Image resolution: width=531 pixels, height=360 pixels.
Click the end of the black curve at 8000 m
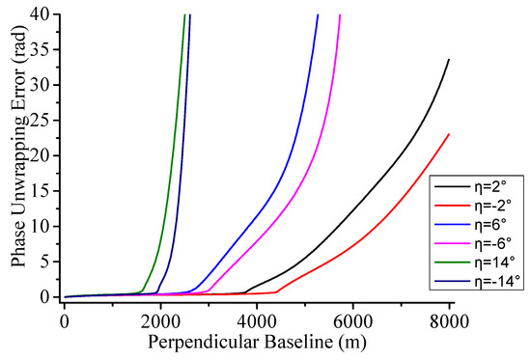pyautogui.click(x=449, y=60)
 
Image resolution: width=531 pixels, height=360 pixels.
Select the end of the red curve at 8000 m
pyautogui.click(x=449, y=134)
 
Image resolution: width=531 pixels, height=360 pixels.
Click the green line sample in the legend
pyautogui.click(x=451, y=262)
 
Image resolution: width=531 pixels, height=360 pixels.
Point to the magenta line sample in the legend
pyautogui.click(x=451, y=243)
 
